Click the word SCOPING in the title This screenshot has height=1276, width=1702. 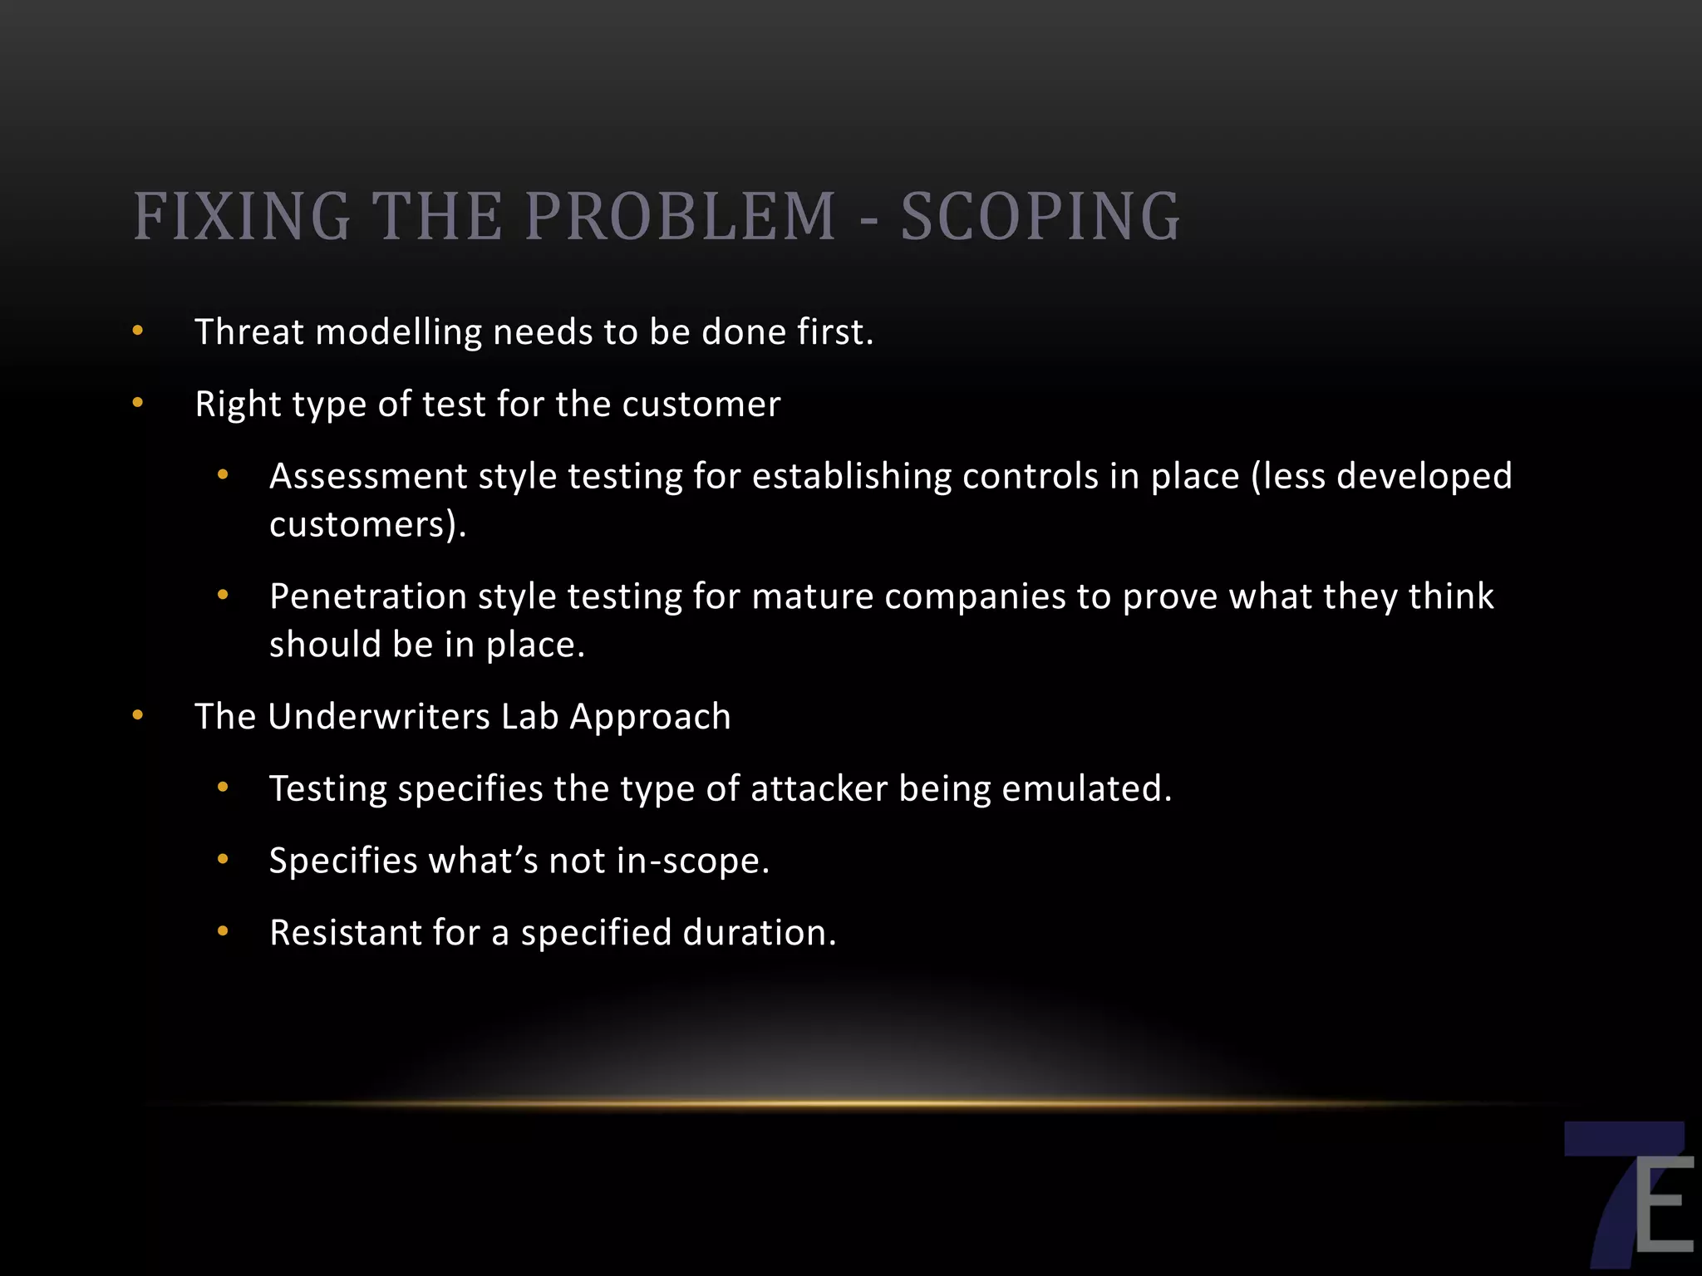pos(1040,217)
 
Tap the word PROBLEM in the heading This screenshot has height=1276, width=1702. pos(680,217)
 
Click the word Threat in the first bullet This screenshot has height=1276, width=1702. pos(249,332)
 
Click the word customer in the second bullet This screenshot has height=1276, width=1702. pos(701,405)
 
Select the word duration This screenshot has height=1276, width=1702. pos(759,933)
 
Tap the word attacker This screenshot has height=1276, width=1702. pos(819,788)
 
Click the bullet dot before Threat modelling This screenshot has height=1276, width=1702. pos(138,331)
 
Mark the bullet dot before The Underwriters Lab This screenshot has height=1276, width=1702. pos(138,716)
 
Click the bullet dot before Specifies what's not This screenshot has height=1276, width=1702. pos(223,860)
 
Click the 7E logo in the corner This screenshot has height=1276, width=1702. pos(1628,1197)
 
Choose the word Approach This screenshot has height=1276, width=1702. pos(650,717)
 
